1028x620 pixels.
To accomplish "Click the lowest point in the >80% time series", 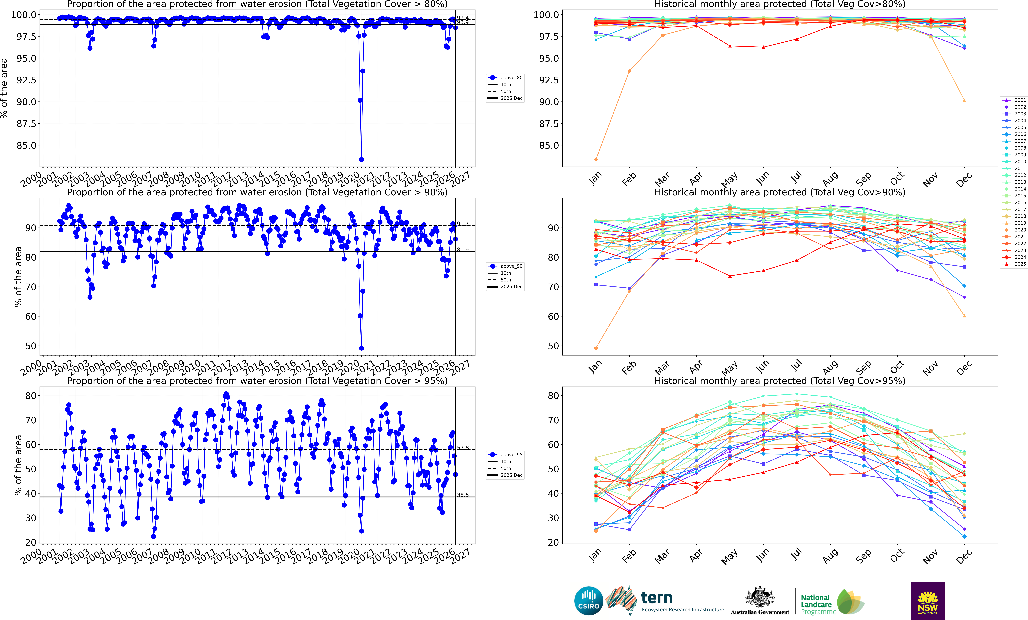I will (361, 160).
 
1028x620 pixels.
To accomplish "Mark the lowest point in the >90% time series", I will (361, 348).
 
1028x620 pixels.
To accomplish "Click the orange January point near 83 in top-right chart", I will (596, 160).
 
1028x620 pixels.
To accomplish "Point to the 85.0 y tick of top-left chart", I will (26, 146).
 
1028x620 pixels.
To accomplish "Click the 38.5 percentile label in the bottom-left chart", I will (463, 495).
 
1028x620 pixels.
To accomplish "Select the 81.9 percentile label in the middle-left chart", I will (463, 250).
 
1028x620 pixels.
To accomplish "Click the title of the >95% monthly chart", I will (780, 381).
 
